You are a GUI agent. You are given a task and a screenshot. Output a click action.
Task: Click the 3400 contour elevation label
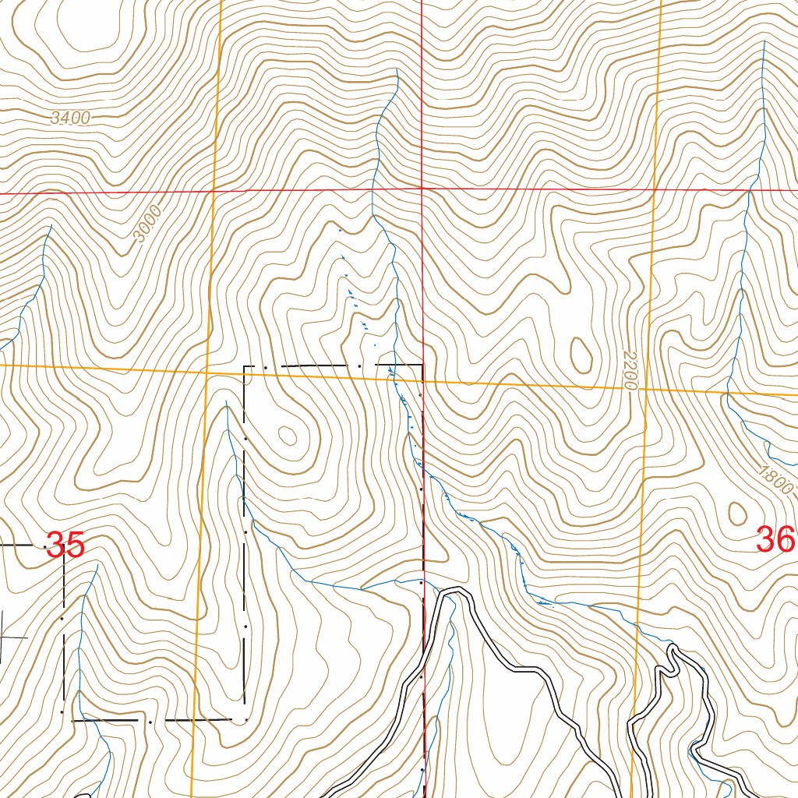coord(70,118)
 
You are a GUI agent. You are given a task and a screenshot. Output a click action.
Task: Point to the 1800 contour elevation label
coord(775,480)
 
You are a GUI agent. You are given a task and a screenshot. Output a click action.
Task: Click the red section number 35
coord(65,546)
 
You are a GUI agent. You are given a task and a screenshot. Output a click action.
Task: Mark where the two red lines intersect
coord(422,189)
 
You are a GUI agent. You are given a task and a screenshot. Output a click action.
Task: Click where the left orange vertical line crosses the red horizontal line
coord(214,191)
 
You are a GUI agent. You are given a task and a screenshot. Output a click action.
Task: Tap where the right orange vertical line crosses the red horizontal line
coord(655,189)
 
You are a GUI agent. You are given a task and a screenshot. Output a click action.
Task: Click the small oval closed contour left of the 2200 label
coord(581,355)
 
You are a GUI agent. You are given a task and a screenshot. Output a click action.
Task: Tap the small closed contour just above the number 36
coord(736,512)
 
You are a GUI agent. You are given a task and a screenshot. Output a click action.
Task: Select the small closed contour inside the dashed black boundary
coord(288,435)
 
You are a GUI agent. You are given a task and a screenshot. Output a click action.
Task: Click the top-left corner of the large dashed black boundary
coord(245,365)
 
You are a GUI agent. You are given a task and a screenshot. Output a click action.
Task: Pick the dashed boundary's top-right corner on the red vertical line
coord(422,364)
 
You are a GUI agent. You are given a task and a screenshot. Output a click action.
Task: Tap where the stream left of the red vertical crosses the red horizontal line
coord(373,189)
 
